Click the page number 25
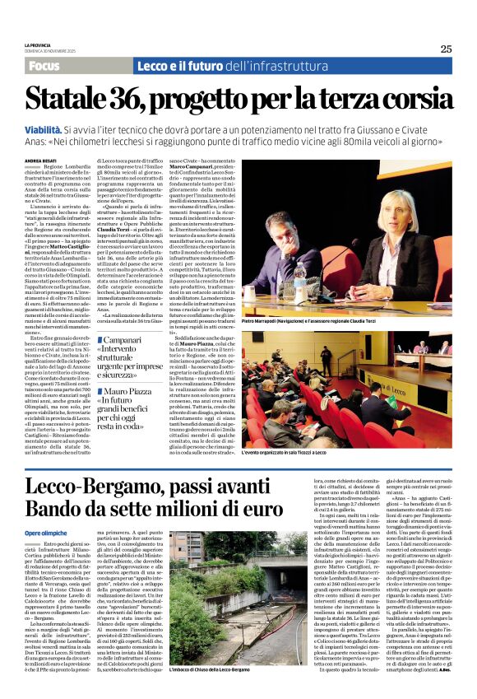[446, 49]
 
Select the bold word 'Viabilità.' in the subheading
[70, 130]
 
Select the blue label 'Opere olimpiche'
[48, 533]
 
